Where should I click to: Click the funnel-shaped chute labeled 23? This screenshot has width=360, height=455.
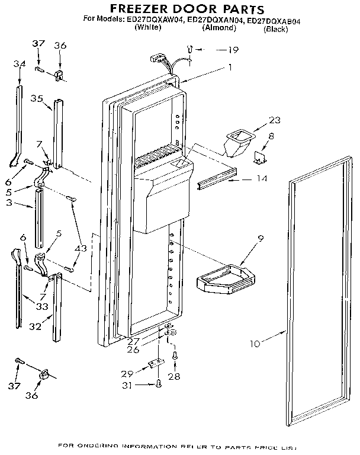pyautogui.click(x=237, y=142)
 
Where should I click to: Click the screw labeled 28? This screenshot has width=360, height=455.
pyautogui.click(x=175, y=356)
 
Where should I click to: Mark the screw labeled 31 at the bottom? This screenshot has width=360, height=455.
pyautogui.click(x=158, y=384)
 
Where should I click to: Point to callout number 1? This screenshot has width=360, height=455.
pyautogui.click(x=229, y=68)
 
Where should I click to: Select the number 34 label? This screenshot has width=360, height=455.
pyautogui.click(x=20, y=64)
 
